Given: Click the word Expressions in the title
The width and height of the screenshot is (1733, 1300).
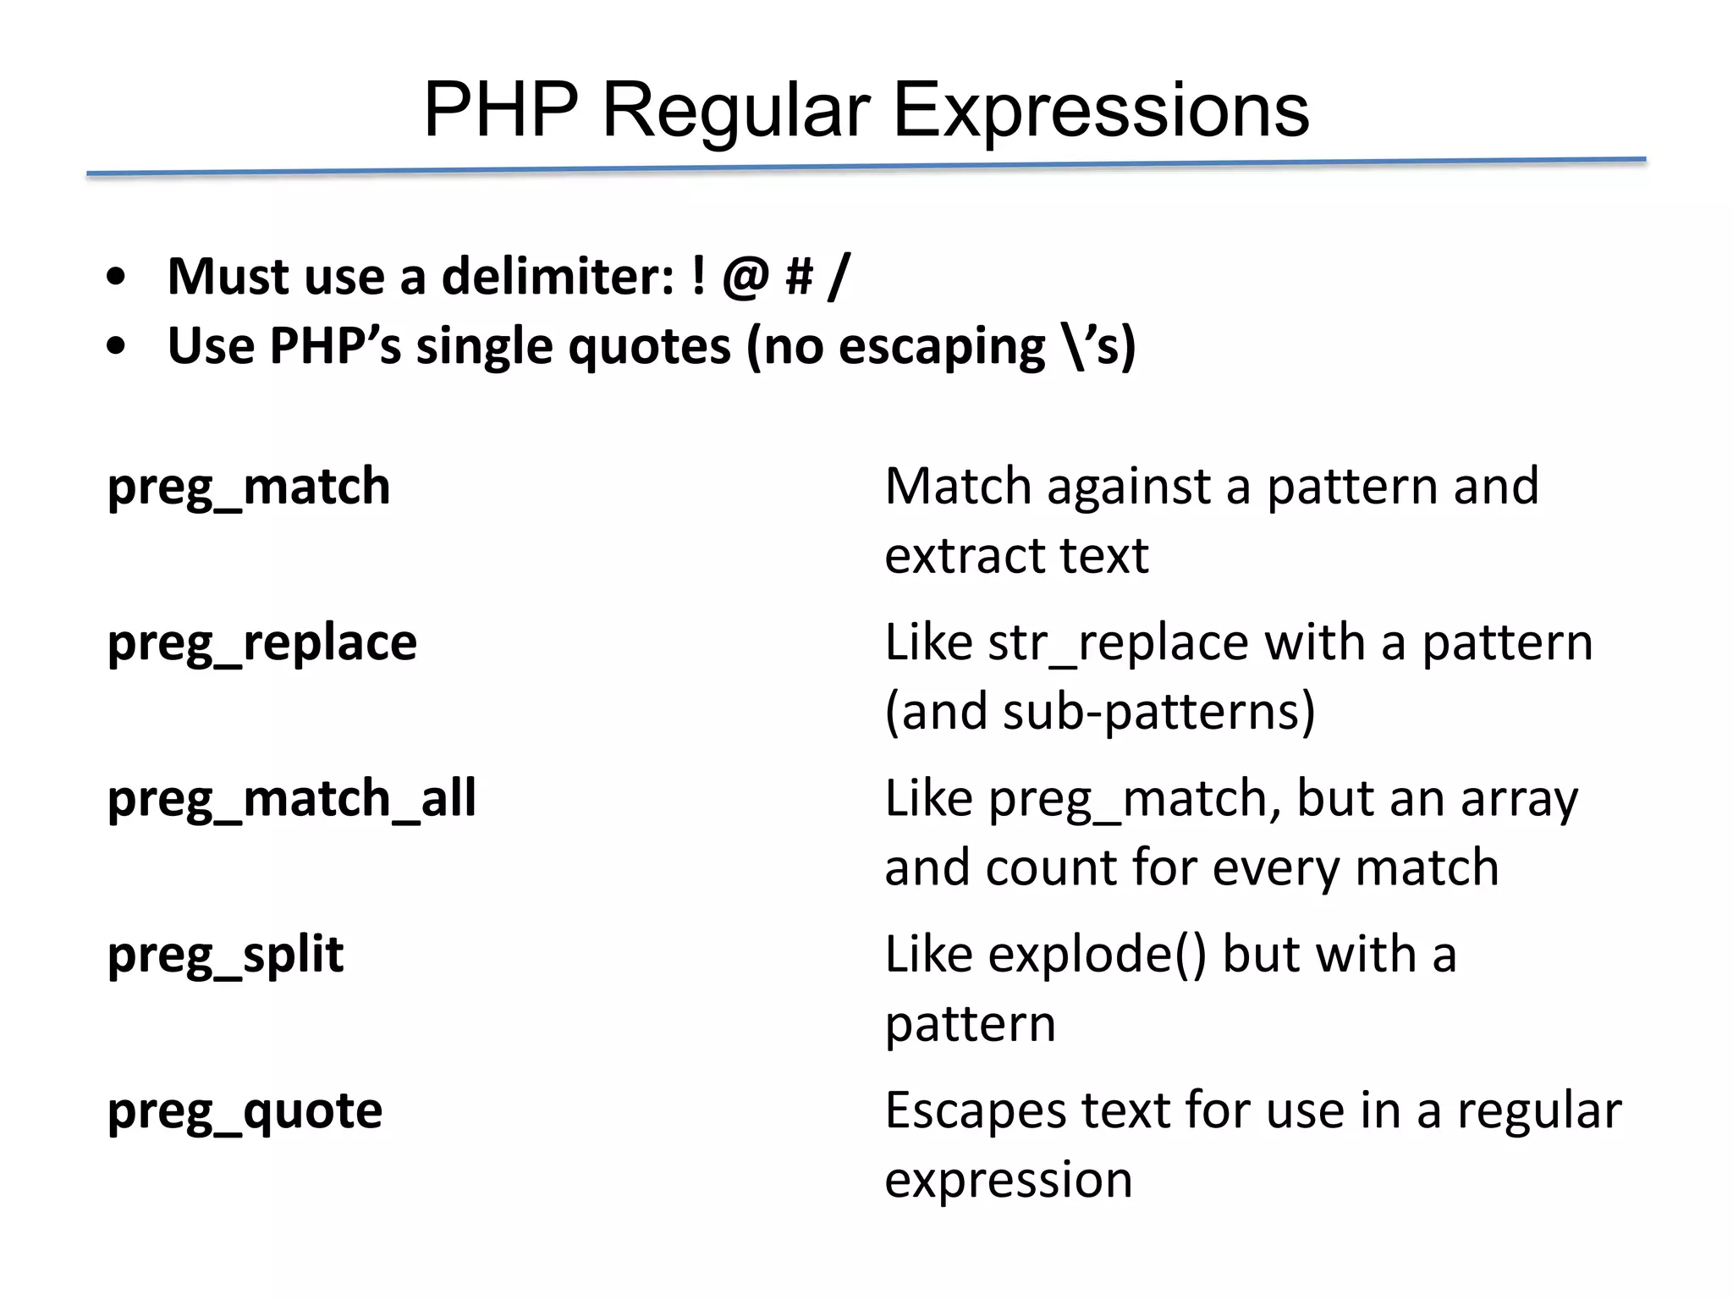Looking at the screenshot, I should click(1101, 110).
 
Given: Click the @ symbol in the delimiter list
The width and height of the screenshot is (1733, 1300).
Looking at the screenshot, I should click(745, 277).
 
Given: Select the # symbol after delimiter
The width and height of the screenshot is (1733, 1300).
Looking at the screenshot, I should click(800, 277).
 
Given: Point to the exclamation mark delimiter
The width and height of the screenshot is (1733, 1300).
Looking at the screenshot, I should click(698, 277).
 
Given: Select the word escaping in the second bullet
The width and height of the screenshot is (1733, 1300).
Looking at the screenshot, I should click(941, 348).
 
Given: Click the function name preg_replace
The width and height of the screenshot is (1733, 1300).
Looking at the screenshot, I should click(262, 642).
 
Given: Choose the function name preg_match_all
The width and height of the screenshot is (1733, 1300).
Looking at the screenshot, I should click(292, 798).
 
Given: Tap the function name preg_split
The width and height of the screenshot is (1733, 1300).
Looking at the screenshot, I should click(226, 955).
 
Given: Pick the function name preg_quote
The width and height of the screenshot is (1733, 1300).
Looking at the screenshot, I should click(245, 1110).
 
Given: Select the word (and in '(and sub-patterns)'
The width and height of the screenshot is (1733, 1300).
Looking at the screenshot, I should click(936, 712).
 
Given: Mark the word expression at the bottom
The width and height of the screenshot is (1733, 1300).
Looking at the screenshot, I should click(1009, 1180).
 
